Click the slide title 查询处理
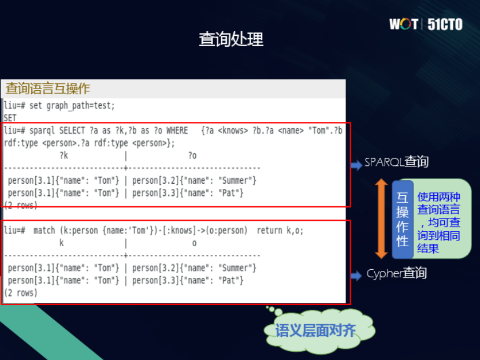tap(231, 39)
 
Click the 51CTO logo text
tap(445, 24)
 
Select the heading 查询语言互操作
tap(48, 89)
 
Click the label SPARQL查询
tap(396, 162)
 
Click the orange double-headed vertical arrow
tap(381, 218)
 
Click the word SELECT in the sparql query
tap(74, 131)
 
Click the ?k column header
tap(64, 155)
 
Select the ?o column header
tap(192, 155)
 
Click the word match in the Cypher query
tap(44, 231)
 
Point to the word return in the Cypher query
tap(269, 231)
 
